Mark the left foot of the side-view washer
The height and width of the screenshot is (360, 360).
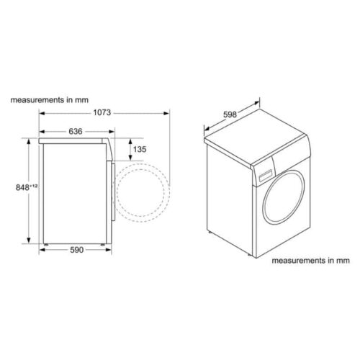pos(45,245)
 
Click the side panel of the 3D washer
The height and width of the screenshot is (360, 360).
pos(229,194)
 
